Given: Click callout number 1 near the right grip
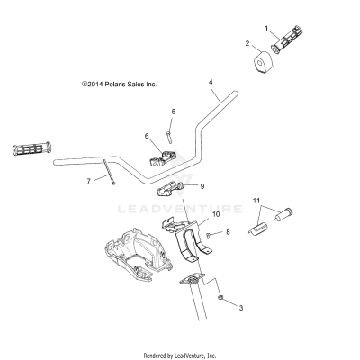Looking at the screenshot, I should pos(267,28).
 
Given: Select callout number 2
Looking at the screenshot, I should pos(247,43).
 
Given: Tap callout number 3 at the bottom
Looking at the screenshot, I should pos(240,307).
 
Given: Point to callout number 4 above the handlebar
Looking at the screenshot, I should pos(211,82).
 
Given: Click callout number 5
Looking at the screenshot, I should pos(173,112).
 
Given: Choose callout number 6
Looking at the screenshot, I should pos(146,137).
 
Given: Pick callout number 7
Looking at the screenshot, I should pos(88,181).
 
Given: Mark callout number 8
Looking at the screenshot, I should pos(228,232).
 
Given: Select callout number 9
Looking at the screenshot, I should pos(202,186).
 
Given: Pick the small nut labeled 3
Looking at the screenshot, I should pos(220,298).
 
